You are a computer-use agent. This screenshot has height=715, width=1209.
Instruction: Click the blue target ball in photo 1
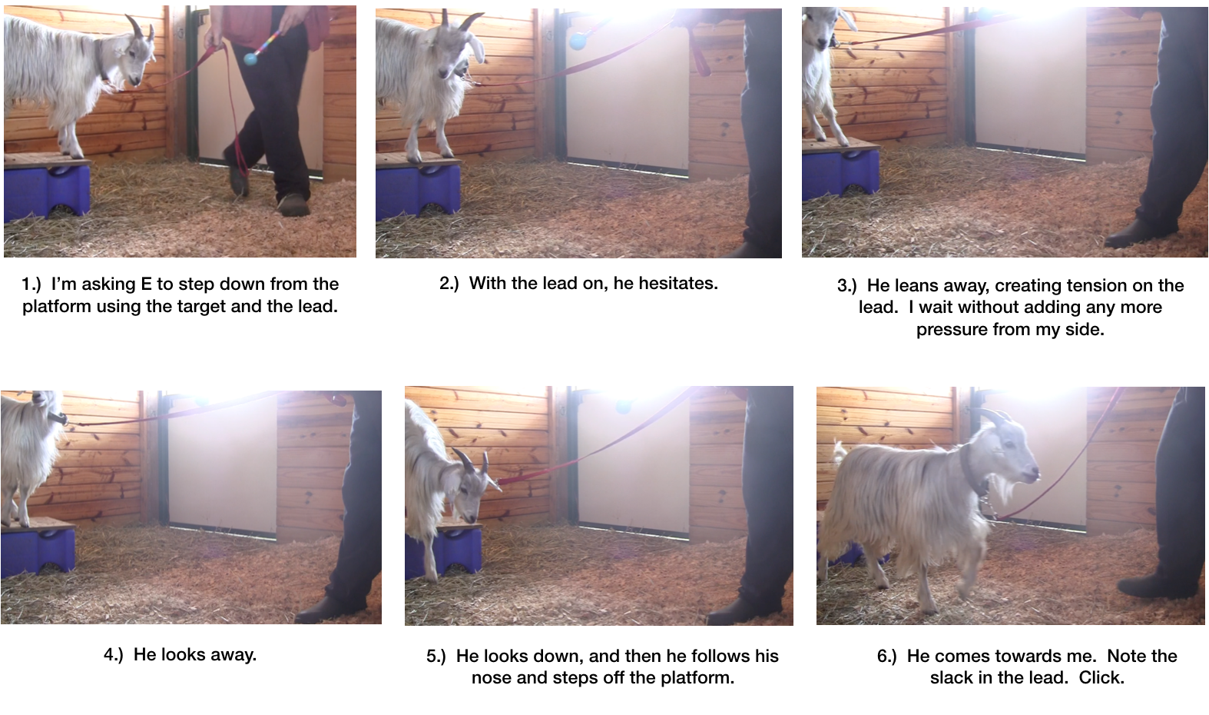coord(251,57)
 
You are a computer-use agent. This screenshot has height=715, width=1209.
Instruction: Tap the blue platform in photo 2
coord(417,188)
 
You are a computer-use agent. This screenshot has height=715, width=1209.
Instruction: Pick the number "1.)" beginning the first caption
coord(31,284)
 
